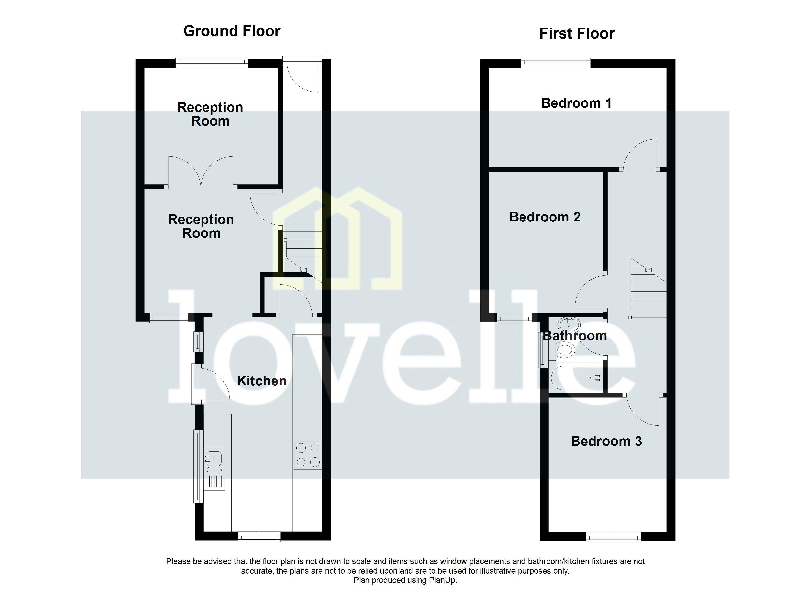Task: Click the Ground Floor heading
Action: click(232, 31)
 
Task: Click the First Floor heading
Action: click(577, 34)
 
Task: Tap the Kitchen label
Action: click(262, 381)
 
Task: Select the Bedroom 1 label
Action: click(576, 103)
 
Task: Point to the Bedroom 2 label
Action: click(545, 217)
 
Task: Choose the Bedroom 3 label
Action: click(606, 441)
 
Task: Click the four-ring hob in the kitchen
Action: click(307, 455)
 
